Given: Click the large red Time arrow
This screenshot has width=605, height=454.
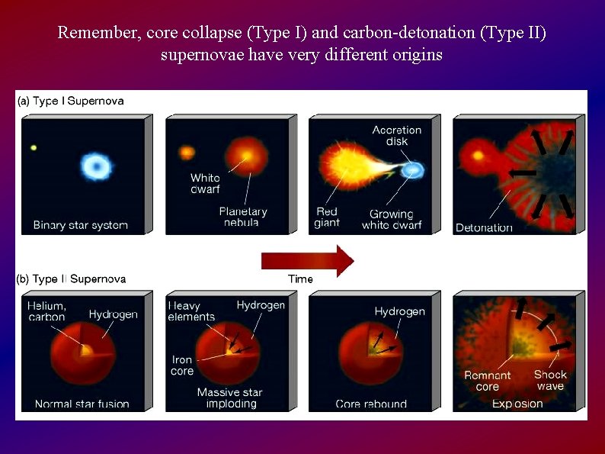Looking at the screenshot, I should coord(307,260).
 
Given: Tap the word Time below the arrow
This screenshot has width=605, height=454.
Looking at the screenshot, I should coord(300,279).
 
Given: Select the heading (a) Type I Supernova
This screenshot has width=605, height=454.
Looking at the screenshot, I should coord(70,101).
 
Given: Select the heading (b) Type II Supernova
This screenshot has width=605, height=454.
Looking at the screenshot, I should coord(71,279).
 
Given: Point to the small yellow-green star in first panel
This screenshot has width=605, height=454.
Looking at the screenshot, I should coord(34,147).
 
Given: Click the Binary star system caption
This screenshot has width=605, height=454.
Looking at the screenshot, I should coord(80,225).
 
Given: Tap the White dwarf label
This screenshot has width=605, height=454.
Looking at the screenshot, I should coord(205,183).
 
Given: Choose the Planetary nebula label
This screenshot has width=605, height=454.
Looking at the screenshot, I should coord(242,217).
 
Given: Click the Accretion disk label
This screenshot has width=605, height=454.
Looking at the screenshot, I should coord(396,136).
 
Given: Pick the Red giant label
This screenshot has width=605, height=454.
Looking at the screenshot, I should coord(327,217).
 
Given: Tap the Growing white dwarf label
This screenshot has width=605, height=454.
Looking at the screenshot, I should coord(391,220).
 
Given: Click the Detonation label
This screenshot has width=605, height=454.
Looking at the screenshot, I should coord(484,227).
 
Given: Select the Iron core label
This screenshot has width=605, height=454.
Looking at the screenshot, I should coord(182,365).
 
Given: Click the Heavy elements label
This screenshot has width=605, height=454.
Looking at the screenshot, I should coord(192,311).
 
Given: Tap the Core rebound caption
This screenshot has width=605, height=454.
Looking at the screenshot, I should coord(371,404).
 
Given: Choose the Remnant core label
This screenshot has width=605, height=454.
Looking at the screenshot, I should coord(488,381).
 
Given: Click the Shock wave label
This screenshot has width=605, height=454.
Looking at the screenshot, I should coord(549,380).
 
